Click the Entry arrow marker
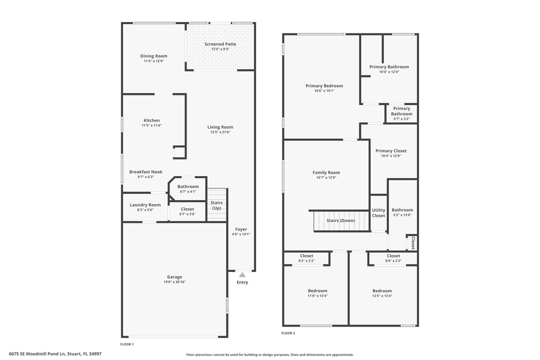coord(242,274)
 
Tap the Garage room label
coord(174,277)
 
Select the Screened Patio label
coord(220,44)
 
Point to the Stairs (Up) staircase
coord(216,205)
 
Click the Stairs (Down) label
coord(340,220)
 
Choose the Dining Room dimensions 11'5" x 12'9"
coord(153,61)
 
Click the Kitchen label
coord(151,120)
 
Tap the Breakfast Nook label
coord(145,172)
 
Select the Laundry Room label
coord(145,205)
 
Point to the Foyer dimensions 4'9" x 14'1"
coord(241,234)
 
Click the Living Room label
coord(220,127)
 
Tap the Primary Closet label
coord(391,151)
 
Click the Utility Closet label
coord(378,213)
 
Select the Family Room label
coord(326,172)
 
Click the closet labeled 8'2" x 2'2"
coord(306,258)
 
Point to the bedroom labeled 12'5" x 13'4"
coord(382,293)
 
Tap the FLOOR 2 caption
coord(288,333)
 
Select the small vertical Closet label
coord(413,243)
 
